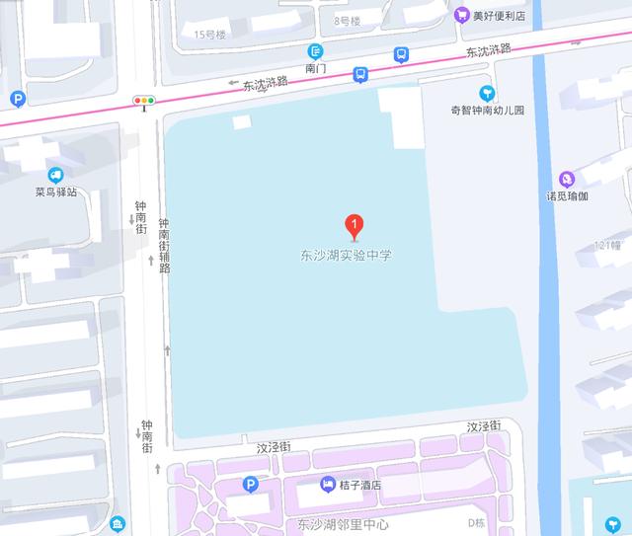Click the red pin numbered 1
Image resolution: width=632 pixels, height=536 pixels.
356,225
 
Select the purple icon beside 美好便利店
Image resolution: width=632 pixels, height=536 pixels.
461,15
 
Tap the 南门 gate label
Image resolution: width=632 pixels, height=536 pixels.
316,70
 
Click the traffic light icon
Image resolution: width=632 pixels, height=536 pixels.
145,100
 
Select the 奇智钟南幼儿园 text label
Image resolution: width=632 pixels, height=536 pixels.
486,111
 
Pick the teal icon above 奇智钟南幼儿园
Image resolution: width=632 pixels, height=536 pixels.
486,92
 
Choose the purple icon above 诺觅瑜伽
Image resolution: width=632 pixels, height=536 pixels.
567,179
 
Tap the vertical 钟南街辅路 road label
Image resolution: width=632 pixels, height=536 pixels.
164,246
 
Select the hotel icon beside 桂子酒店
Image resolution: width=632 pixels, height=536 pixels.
328,484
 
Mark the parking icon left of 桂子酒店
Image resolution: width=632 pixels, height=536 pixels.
251,484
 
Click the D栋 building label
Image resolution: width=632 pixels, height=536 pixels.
478,522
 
